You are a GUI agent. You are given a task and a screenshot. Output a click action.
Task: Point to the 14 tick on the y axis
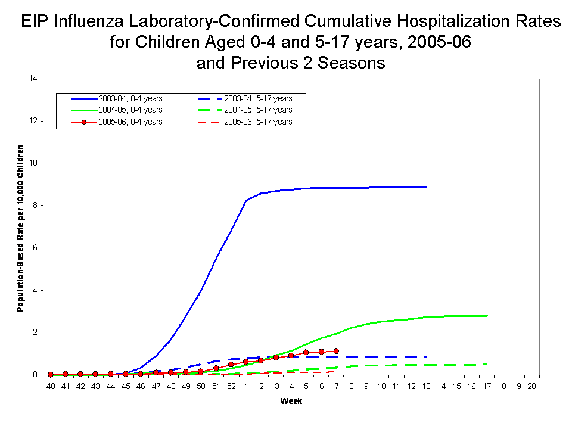coord(33,79)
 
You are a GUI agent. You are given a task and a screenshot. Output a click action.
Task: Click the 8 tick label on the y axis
coord(35,206)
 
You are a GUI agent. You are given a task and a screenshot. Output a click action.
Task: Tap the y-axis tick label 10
coord(33,163)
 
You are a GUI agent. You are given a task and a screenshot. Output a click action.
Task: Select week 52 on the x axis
coord(231,386)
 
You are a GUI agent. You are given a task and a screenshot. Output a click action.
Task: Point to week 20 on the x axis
coord(532,386)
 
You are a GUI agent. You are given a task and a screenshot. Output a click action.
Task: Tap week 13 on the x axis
coord(427,386)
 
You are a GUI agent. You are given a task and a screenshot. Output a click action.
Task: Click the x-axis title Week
coord(291,401)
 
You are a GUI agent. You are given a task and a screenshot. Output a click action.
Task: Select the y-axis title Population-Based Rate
coord(20,228)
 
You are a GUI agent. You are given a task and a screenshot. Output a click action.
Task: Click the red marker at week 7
coord(337,351)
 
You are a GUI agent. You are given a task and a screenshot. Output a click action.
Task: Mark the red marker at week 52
coord(231,364)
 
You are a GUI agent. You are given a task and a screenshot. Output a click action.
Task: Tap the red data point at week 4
coord(291,355)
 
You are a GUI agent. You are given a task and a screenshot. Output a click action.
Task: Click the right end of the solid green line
coord(487,316)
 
